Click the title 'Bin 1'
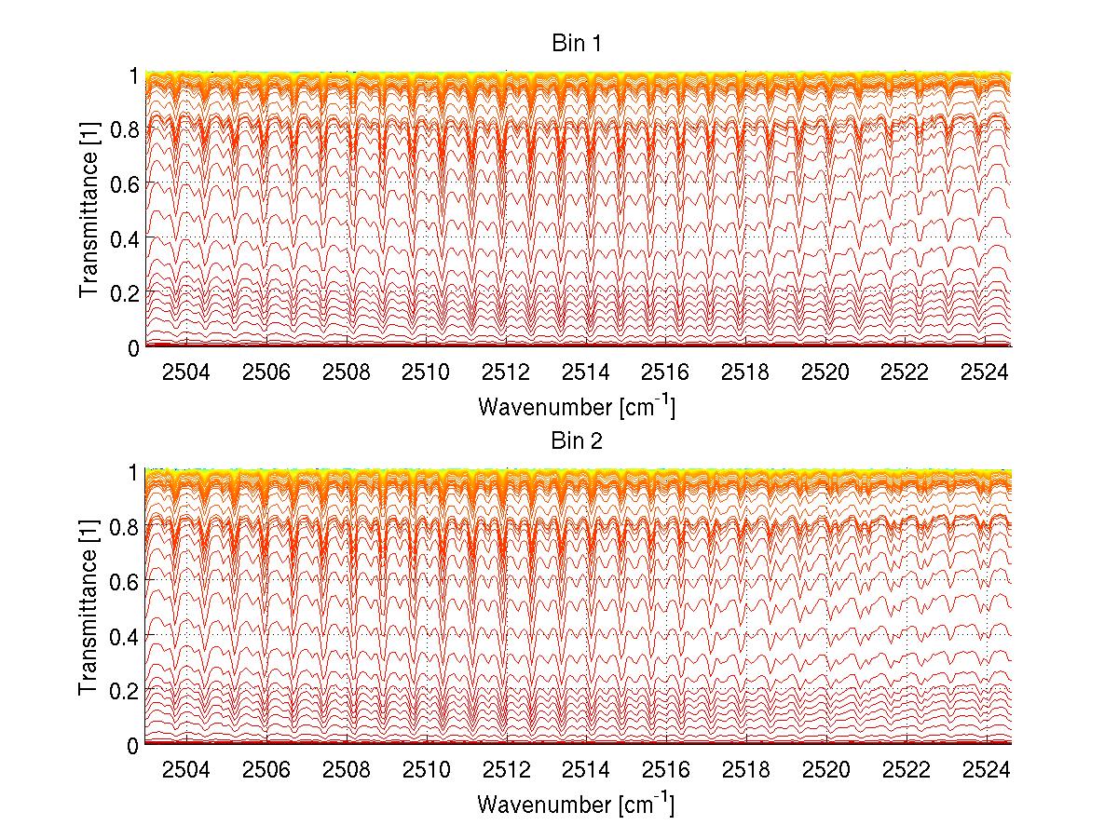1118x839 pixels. (x=579, y=44)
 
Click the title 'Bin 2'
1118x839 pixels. (x=579, y=441)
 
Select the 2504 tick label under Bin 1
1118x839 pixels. (x=186, y=372)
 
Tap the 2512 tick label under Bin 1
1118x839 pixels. (x=506, y=372)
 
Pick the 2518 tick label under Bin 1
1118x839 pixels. (x=745, y=372)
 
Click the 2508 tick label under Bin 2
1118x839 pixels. (x=346, y=770)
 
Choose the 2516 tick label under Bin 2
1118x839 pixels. (x=666, y=770)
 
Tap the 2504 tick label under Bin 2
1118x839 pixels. (x=186, y=770)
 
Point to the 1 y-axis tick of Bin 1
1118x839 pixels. (x=133, y=76)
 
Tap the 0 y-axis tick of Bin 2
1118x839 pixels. (x=133, y=745)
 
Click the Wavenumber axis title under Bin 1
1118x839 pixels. (x=576, y=406)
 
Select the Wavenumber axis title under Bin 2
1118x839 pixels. (x=576, y=804)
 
